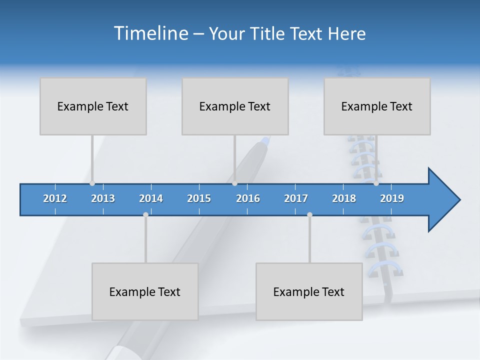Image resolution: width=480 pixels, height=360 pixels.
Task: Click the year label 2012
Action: point(55,198)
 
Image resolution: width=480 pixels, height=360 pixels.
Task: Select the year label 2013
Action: point(103,198)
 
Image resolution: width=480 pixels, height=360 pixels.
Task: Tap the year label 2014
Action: point(151,198)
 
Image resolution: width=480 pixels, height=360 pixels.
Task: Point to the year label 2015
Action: point(199,198)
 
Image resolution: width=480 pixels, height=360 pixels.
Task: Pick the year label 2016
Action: point(248,198)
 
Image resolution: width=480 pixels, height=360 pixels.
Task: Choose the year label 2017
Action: point(296,198)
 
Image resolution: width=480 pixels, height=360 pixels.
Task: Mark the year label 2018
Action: point(344,198)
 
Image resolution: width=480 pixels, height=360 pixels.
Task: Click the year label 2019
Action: point(392,198)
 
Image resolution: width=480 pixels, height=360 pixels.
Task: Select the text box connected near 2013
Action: point(93,106)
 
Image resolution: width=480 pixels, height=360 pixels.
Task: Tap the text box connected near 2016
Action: point(235,106)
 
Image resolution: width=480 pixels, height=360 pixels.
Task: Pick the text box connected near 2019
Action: point(377,106)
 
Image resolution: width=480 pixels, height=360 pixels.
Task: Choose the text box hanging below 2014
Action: point(145,291)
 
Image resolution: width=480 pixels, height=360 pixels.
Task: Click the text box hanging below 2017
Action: point(309,291)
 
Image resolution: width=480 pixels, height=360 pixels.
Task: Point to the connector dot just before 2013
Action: point(92,183)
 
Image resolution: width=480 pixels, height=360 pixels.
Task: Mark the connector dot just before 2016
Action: point(234,183)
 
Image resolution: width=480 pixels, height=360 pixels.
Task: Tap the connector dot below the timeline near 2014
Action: point(145,214)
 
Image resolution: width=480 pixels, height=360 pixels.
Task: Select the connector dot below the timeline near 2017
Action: point(309,214)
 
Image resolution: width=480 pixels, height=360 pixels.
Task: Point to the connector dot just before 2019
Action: point(376,183)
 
